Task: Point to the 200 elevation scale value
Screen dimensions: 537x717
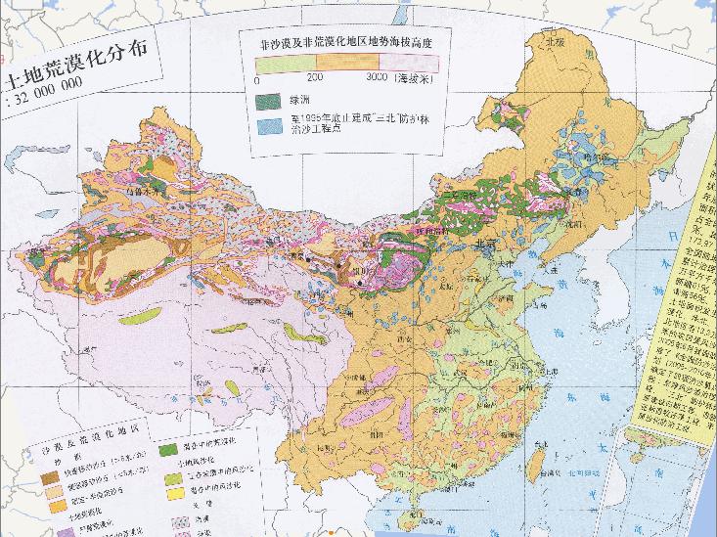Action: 315,76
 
